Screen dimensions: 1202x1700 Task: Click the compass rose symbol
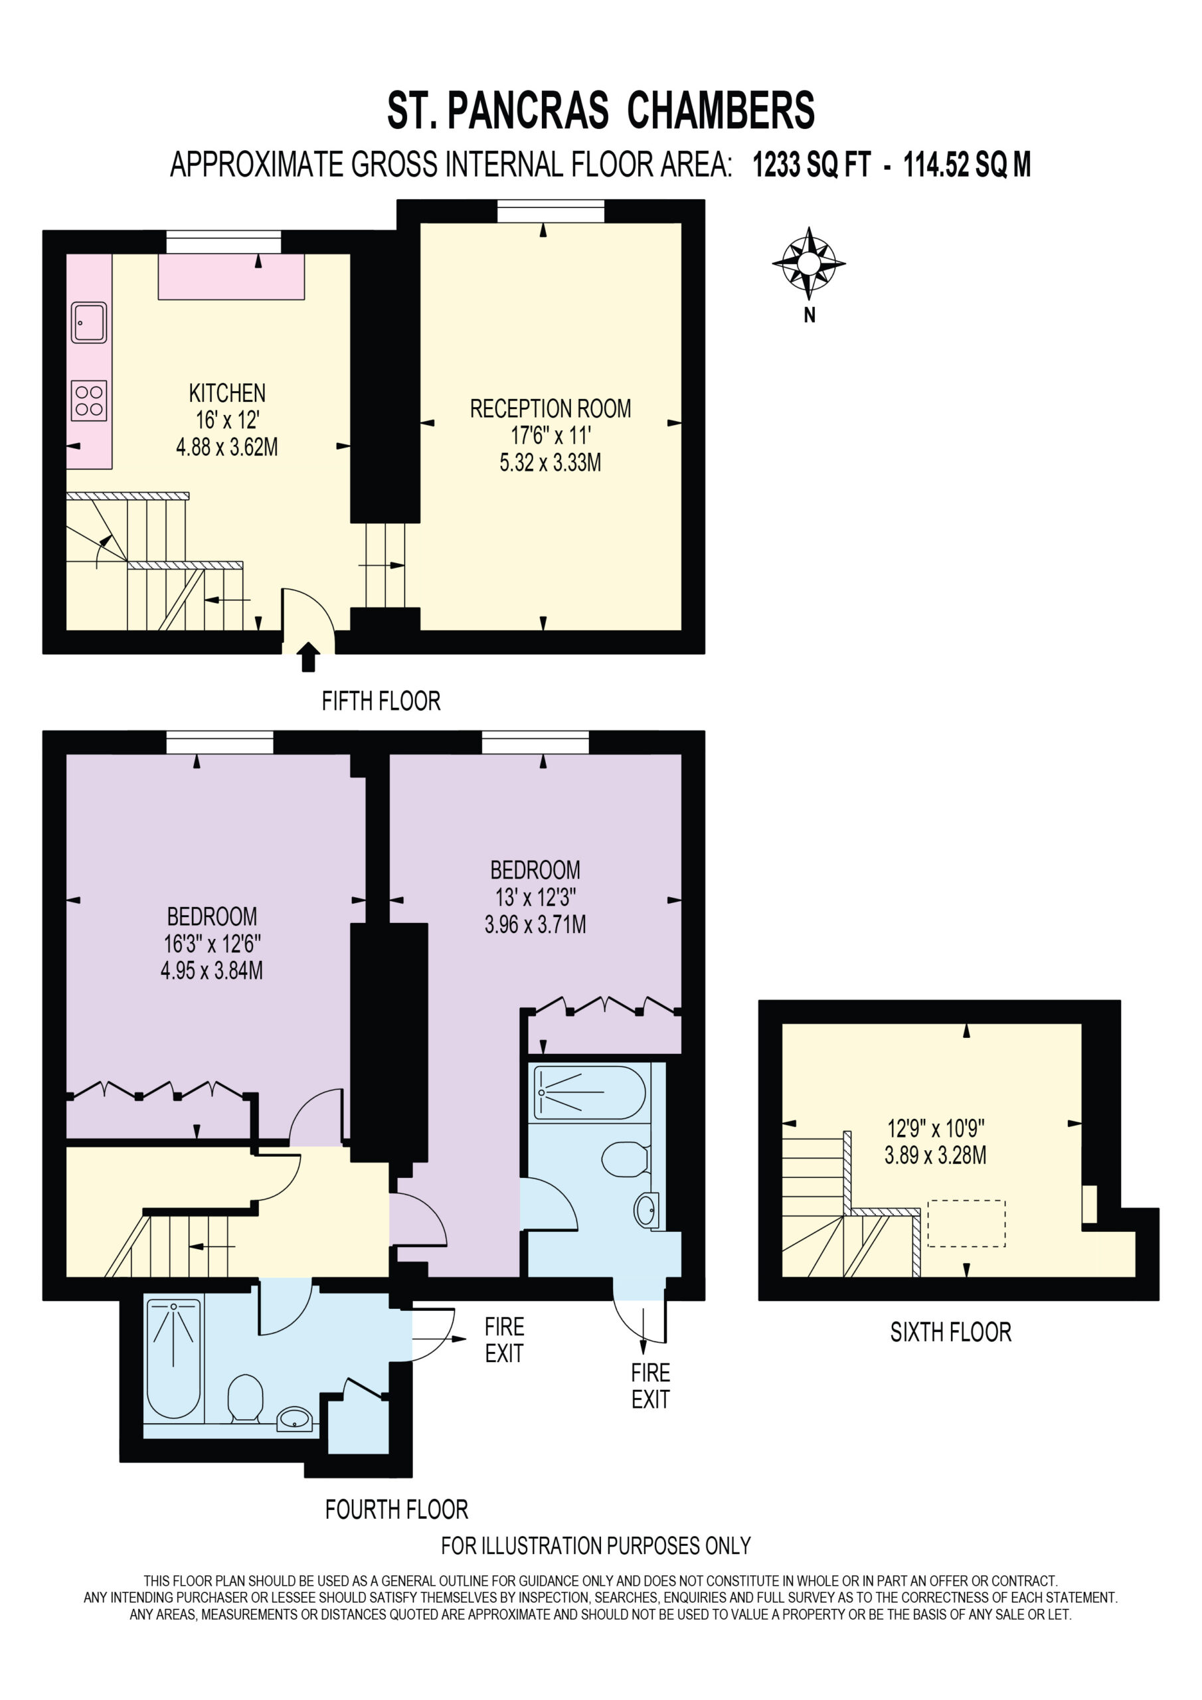coord(809,263)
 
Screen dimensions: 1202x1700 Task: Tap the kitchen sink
coord(89,323)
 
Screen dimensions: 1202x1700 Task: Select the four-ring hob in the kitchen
coord(89,400)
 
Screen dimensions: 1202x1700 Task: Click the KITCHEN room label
coord(227,393)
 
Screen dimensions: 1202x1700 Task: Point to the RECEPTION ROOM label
coord(551,408)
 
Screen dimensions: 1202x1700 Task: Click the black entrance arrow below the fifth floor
coord(308,657)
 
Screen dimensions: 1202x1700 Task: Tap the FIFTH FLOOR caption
coord(381,701)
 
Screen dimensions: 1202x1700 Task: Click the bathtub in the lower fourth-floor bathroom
coord(174,1358)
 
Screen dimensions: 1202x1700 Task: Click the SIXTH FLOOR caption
coord(951,1333)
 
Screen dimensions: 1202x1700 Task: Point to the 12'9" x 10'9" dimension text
coord(936,1128)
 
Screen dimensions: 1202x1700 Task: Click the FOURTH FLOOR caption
coord(396,1509)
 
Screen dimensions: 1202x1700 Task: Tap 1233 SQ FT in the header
coord(812,165)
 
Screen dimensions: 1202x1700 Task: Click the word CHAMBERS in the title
coord(721,110)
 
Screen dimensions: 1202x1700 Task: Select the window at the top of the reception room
coord(551,211)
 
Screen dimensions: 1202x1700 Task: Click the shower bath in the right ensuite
coord(590,1093)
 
